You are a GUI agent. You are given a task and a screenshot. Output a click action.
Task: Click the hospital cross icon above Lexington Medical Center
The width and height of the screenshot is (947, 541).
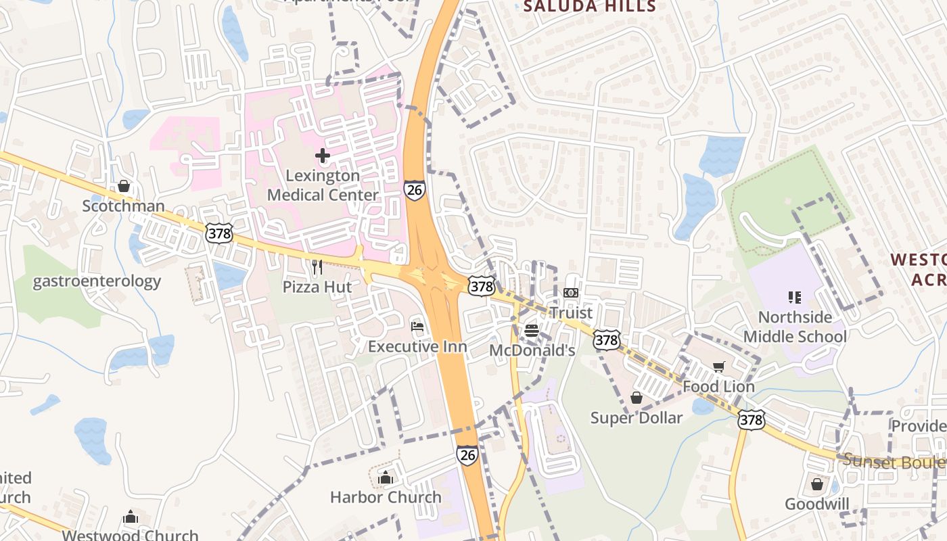point(323,156)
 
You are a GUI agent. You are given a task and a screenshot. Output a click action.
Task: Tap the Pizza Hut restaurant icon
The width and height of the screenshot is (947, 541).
point(317,268)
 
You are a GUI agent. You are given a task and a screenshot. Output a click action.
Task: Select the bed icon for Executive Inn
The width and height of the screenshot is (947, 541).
point(417,327)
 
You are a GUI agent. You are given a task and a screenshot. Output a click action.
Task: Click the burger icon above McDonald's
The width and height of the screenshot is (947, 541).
point(532,331)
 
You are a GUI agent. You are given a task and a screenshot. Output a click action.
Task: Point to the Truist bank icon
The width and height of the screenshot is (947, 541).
point(571,293)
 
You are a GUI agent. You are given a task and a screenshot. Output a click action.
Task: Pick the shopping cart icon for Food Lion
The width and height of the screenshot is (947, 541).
point(718,367)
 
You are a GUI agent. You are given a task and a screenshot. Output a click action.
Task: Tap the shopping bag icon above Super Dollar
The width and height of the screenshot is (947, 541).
point(637,398)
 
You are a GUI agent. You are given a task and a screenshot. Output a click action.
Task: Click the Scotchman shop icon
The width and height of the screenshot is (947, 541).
point(124,186)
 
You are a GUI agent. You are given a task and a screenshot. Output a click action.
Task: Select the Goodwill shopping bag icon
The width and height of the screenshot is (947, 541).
point(817,485)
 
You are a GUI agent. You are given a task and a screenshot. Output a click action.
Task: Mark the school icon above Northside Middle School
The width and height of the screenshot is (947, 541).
point(795,298)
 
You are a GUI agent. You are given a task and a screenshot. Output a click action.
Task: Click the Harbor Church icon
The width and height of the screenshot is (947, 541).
point(386,478)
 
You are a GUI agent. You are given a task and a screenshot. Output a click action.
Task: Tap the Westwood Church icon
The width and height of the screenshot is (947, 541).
point(131,518)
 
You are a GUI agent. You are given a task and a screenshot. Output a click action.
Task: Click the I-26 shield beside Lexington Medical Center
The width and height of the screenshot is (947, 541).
point(415,190)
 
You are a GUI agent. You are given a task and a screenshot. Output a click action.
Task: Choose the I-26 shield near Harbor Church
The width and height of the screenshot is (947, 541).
point(467,455)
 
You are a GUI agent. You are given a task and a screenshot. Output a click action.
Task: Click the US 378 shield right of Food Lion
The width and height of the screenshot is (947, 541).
point(752,419)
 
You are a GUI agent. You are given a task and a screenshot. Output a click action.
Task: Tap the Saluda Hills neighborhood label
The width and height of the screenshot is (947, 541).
point(590,7)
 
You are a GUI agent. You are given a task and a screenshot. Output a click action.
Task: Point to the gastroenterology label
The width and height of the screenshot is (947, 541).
point(97,281)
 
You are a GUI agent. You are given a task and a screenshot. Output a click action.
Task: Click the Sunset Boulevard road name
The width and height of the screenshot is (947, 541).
point(893,462)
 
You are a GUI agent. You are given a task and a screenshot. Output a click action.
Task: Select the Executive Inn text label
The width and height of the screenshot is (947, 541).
point(417,347)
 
